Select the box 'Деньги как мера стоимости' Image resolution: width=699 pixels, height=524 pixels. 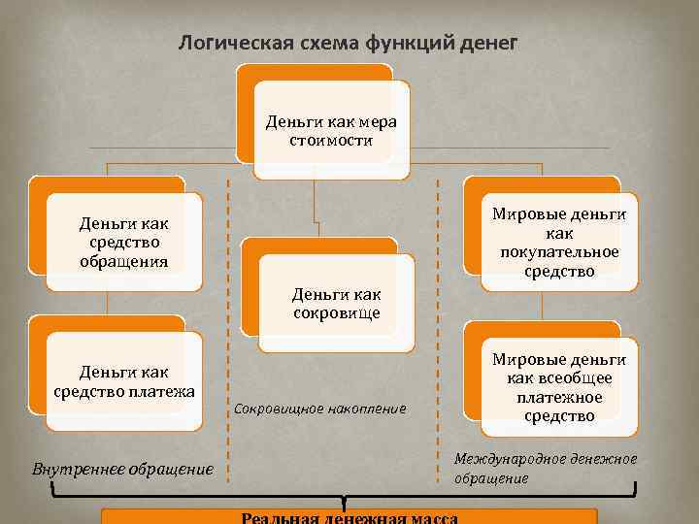coord(330,132)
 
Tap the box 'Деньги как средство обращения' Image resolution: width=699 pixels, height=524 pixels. coord(123,242)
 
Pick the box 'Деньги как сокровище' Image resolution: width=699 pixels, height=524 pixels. coord(336,303)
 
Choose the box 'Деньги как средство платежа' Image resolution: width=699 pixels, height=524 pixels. coord(123,381)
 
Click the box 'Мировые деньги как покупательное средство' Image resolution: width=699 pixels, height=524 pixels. coord(559,243)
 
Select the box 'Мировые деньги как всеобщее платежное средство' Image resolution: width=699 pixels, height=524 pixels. coord(559,386)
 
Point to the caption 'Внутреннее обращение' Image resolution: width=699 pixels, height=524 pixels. coord(122,469)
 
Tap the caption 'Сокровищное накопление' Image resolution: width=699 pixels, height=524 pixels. coord(320,409)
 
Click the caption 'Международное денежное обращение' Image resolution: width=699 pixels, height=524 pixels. coord(546,468)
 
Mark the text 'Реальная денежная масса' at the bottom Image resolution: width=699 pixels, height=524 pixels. coord(349,517)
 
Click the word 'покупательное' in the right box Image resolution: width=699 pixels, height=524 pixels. coord(559,252)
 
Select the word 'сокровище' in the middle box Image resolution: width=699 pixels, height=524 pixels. coord(336,312)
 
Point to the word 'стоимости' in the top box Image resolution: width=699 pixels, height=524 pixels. coord(330,141)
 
